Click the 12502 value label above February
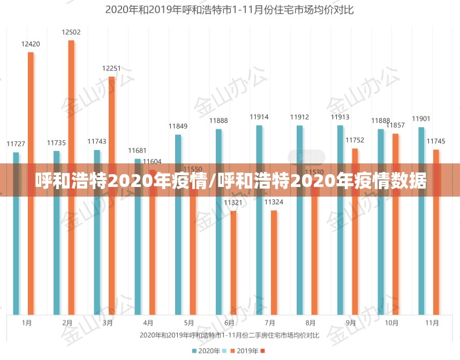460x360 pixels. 71,32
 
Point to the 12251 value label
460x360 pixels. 111,69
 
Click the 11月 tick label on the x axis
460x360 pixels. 432,323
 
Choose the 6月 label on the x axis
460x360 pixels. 229,323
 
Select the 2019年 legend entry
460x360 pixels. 248,351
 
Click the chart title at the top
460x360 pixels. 229,10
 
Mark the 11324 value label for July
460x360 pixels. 274,202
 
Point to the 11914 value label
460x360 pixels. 259,117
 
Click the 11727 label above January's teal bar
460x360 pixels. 16,144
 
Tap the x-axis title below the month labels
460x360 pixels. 229,335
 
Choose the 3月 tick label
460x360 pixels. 108,323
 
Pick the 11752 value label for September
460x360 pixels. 355,140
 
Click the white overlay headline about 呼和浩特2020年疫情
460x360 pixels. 230,181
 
